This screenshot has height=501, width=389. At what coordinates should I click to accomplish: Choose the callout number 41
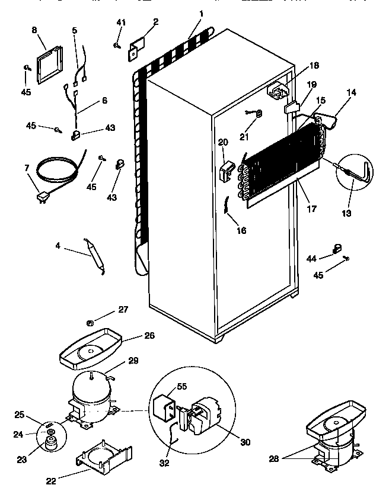[121, 23]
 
